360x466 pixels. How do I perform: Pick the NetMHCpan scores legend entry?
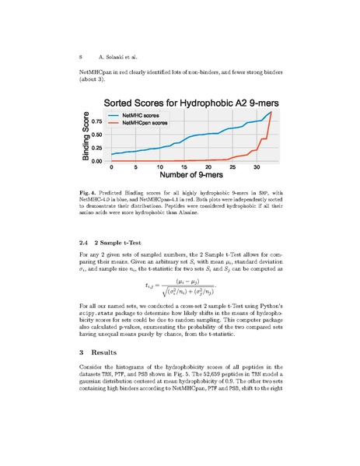[x=148, y=123]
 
